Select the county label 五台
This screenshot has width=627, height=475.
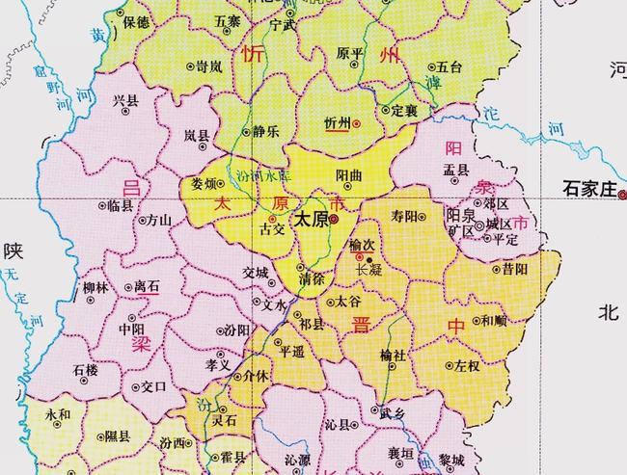click(450, 67)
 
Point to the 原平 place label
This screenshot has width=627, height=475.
click(350, 53)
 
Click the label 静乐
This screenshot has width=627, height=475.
click(266, 131)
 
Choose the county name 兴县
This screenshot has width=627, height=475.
click(126, 99)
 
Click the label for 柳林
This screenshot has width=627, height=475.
click(95, 287)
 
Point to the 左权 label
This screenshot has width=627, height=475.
click(467, 366)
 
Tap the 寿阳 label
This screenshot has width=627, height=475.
click(405, 216)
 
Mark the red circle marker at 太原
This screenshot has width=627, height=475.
click(333, 220)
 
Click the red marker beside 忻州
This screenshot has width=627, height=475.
click(356, 124)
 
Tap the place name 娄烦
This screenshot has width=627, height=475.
click(204, 183)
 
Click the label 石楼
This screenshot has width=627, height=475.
click(85, 369)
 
